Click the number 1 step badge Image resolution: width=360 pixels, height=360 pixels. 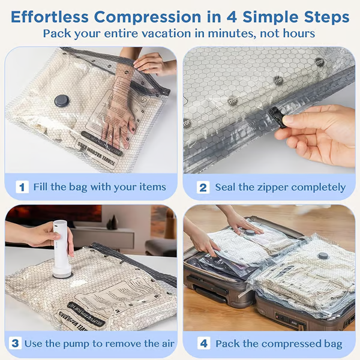pos(22,187)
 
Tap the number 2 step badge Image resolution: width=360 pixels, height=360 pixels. pos(203,187)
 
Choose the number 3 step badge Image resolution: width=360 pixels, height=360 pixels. pos(15,343)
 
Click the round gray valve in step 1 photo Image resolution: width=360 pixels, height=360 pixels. pos(61,101)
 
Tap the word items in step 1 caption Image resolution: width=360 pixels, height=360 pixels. pos(151,187)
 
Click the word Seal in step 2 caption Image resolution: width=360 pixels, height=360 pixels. pos(226,187)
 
